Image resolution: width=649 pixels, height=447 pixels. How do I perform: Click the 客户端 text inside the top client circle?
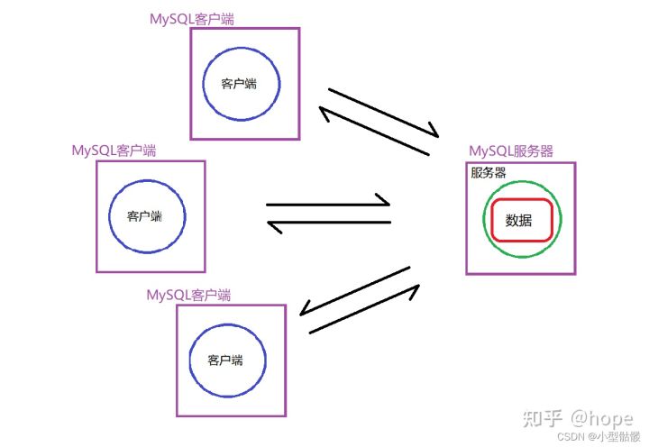tap(239, 84)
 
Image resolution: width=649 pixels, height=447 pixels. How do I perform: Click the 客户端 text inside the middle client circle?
tap(144, 216)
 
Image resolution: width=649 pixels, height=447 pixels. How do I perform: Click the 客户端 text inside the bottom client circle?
tap(225, 360)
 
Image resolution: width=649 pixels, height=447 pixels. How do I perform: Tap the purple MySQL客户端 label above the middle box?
tap(114, 151)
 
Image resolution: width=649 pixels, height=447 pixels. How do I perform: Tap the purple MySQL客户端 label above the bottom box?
tap(188, 295)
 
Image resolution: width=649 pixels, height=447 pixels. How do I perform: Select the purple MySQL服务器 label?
tap(511, 151)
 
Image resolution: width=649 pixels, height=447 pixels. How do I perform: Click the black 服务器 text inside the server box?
tap(488, 172)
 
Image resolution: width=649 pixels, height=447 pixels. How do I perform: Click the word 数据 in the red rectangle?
tap(519, 220)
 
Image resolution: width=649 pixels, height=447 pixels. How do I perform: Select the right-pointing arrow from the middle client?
tap(329, 204)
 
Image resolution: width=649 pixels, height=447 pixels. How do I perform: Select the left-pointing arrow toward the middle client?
tap(329, 223)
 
